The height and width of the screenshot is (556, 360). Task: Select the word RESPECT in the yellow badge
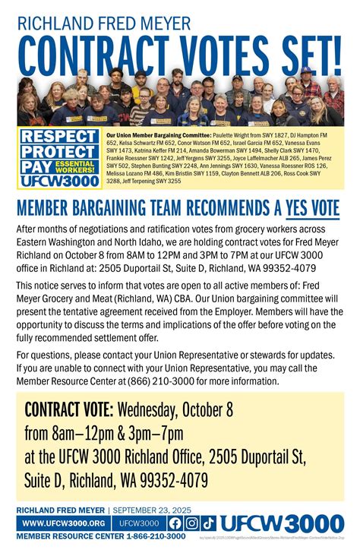coord(58,137)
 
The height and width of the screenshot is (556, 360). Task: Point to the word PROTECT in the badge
coord(58,151)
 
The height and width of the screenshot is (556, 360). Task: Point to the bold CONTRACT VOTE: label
coord(69,410)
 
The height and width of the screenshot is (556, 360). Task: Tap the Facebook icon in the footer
coord(175,523)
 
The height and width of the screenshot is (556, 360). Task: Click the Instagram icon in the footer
coord(192,523)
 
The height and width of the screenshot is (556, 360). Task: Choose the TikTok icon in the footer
coord(209,523)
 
